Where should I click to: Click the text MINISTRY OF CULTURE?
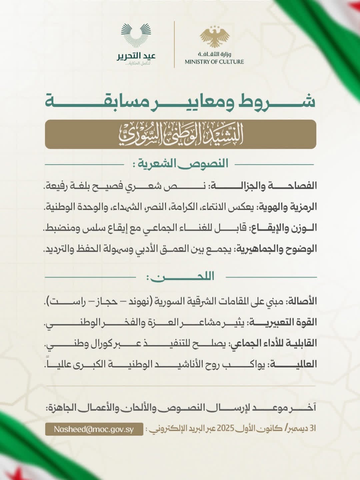pyautogui.click(x=214, y=62)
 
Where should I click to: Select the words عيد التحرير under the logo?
pyautogui.click(x=136, y=56)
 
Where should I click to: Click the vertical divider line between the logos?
pyautogui.click(x=174, y=44)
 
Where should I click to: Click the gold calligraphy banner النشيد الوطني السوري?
pyautogui.click(x=180, y=134)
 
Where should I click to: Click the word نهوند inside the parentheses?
pyautogui.click(x=134, y=301)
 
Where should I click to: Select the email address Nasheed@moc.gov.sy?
pyautogui.click(x=94, y=429)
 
